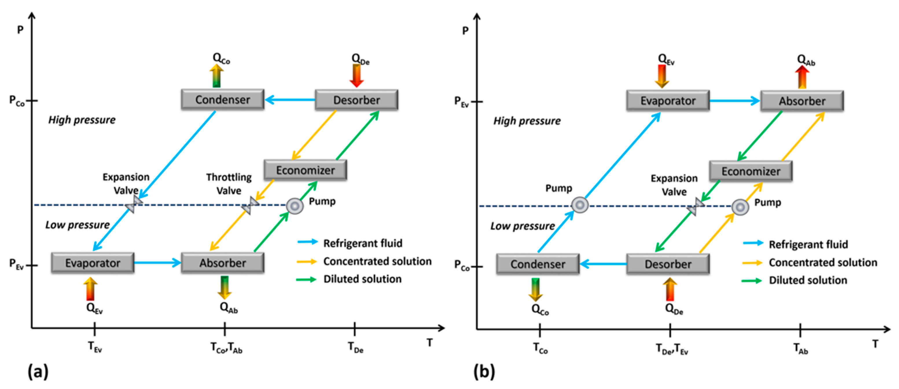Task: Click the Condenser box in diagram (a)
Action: coord(222,100)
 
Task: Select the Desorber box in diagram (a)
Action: coord(356,100)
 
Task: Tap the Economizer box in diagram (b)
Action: coord(751,171)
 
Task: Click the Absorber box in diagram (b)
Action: coord(802,101)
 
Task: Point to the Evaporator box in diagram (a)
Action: coord(93,263)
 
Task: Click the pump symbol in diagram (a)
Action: coord(295,206)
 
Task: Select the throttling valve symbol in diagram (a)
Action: coord(250,206)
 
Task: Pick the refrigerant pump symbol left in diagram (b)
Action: coord(580,205)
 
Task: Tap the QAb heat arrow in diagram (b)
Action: coord(802,78)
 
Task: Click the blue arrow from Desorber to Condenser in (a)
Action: coord(290,100)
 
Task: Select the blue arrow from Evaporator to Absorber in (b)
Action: coord(735,101)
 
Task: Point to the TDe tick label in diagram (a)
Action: coord(355,347)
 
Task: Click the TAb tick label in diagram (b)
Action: coord(801,349)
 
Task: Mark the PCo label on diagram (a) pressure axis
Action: coord(17,101)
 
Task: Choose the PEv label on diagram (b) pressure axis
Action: coord(462,102)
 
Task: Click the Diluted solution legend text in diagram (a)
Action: coord(362,279)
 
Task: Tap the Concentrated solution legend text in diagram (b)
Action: coord(823,263)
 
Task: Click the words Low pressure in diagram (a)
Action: coord(78,225)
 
